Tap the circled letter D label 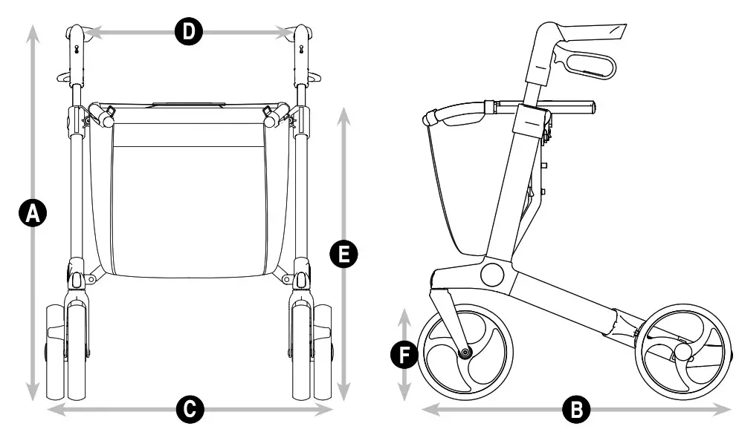(188, 31)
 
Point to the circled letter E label (343, 255)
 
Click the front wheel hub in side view (465, 352)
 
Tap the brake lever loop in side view (588, 66)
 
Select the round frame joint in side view (492, 274)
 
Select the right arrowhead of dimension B (726, 408)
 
